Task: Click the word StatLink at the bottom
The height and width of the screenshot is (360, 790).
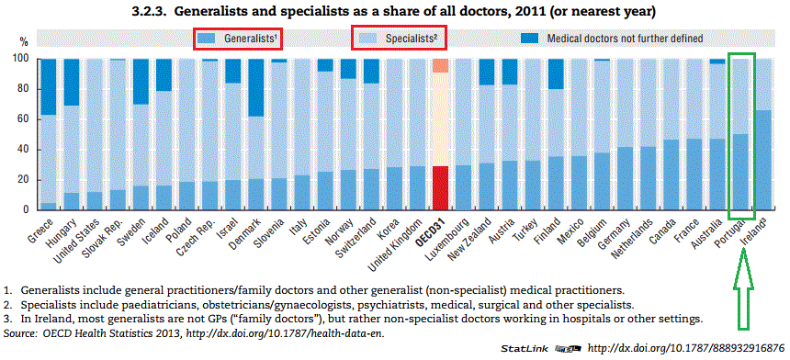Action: (525, 350)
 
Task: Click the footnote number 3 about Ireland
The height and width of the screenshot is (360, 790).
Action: (8, 319)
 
